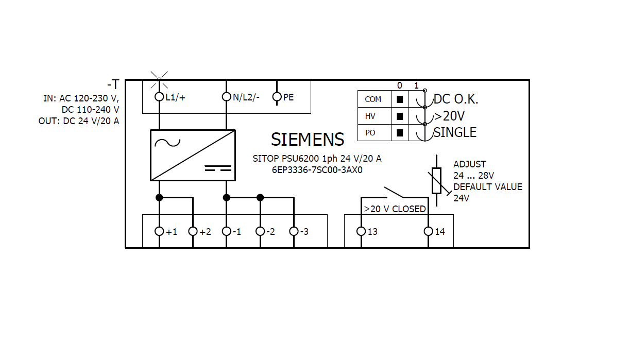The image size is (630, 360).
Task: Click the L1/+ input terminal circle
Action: click(x=159, y=97)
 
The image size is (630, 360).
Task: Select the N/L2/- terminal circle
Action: click(x=226, y=97)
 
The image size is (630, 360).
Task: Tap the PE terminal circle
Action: click(x=277, y=97)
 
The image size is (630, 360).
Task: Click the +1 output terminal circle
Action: click(x=159, y=231)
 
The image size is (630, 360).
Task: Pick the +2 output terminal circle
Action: click(x=193, y=231)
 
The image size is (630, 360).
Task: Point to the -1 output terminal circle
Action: click(x=226, y=231)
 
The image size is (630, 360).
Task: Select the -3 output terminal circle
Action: click(x=294, y=231)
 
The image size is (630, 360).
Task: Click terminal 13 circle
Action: click(x=361, y=231)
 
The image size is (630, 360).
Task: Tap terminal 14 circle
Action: click(x=428, y=231)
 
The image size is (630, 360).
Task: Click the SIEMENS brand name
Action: click(x=308, y=140)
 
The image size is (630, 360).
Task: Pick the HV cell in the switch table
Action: click(x=370, y=116)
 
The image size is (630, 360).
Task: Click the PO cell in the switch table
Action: click(x=370, y=133)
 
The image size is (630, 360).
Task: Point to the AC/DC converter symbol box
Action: click(x=193, y=155)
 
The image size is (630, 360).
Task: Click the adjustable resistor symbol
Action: click(x=436, y=180)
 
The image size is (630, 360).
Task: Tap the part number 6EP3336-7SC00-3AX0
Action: click(x=317, y=170)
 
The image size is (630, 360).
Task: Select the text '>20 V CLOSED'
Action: click(x=395, y=209)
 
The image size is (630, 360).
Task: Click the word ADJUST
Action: click(x=469, y=164)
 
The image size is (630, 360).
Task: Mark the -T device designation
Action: click(x=113, y=84)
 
